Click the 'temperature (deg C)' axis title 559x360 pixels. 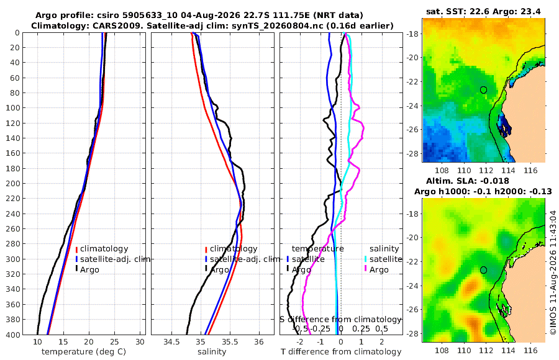[x=84, y=352]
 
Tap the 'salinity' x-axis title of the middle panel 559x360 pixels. [x=212, y=352]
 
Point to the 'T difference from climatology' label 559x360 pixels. [x=341, y=352]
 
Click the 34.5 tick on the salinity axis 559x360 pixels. [x=171, y=342]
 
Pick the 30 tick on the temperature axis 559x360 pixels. [x=140, y=342]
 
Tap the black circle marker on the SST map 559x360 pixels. [x=483, y=90]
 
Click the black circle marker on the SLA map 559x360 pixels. [x=483, y=270]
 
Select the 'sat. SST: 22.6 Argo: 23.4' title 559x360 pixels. [x=483, y=12]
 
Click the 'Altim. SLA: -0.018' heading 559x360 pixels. [x=467, y=181]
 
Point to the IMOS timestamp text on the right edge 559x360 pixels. [x=553, y=272]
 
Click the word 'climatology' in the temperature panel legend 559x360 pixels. [x=104, y=249]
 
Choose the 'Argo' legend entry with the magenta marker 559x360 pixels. [x=379, y=270]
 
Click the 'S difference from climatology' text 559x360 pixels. [x=341, y=320]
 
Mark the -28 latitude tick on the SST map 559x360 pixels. [x=413, y=153]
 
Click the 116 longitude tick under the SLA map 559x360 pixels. [x=530, y=350]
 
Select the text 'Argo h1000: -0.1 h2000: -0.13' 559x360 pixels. [x=483, y=192]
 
